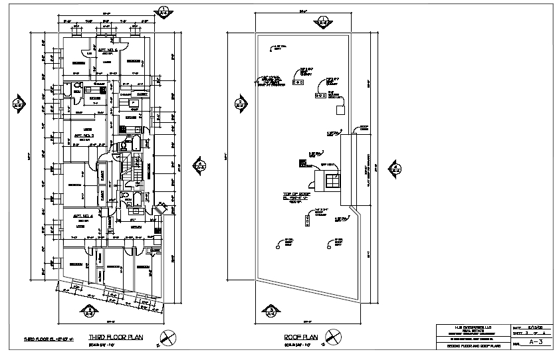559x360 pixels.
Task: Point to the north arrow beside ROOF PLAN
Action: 336,338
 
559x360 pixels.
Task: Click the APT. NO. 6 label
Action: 108,50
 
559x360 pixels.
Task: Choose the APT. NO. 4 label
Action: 82,216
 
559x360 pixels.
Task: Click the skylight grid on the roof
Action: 331,181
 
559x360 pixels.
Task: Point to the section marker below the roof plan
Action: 271,310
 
